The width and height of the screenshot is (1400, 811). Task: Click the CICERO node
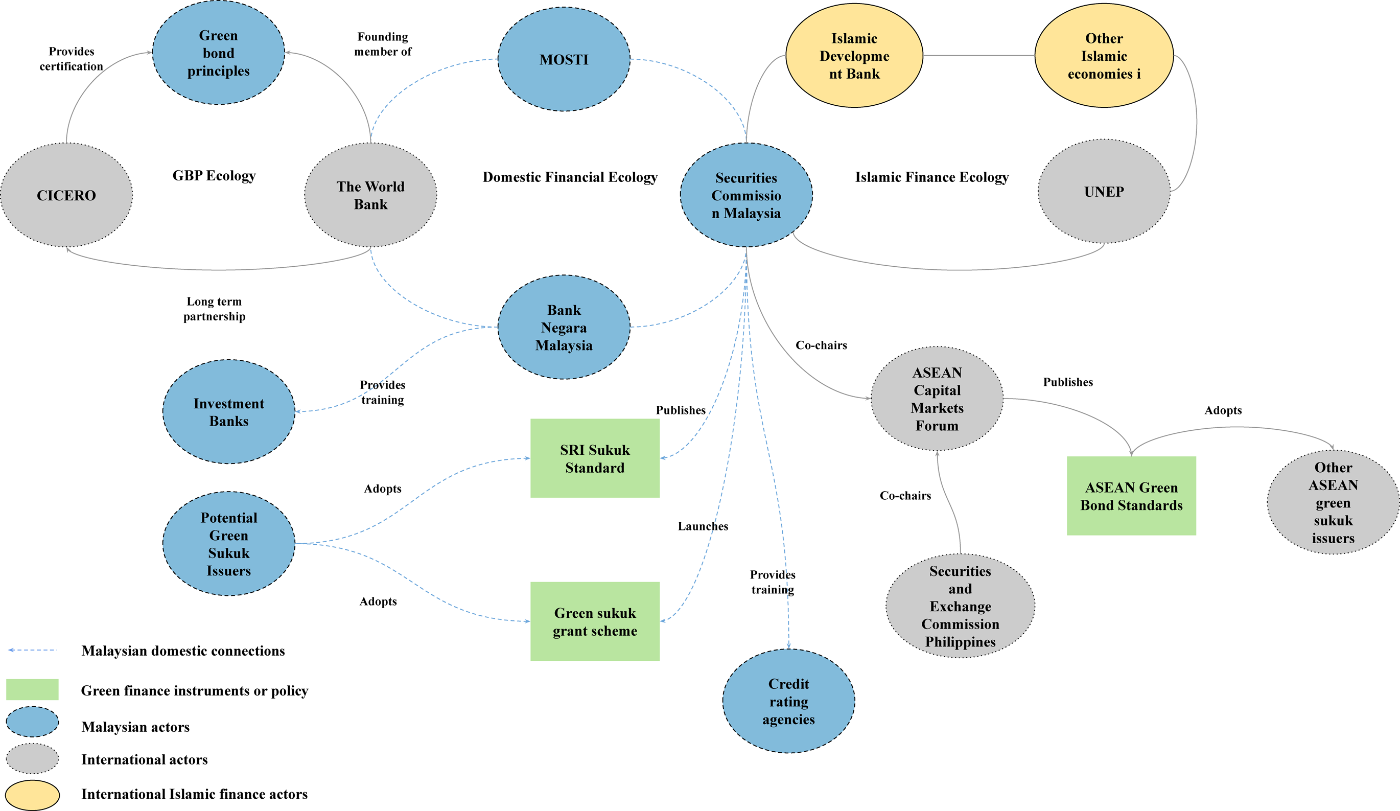point(66,195)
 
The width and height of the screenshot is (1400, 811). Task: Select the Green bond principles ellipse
point(218,53)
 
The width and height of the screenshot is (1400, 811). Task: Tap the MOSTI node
point(564,59)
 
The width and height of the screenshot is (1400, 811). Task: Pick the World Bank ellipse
point(370,195)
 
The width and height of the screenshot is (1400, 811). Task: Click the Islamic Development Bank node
point(854,56)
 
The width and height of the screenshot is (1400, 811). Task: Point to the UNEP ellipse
point(1104,191)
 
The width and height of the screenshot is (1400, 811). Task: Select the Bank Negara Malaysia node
point(564,327)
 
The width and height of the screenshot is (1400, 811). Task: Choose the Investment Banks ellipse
point(229,411)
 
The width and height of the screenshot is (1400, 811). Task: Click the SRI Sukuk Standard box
point(595,458)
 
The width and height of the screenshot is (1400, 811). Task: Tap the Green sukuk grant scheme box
point(595,621)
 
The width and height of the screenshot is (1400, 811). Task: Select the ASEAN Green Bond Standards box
point(1132,496)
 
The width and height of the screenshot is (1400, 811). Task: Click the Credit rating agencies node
point(789,701)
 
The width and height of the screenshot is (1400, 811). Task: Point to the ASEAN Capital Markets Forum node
point(937,399)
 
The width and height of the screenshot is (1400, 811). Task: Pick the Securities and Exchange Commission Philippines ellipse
point(961,606)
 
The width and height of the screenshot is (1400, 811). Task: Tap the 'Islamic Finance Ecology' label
point(931,177)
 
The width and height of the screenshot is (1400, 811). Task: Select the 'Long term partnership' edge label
point(215,309)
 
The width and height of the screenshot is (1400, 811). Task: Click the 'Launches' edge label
point(703,526)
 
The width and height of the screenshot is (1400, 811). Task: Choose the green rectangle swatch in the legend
point(32,689)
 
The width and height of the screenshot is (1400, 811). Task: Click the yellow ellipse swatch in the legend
point(32,795)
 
